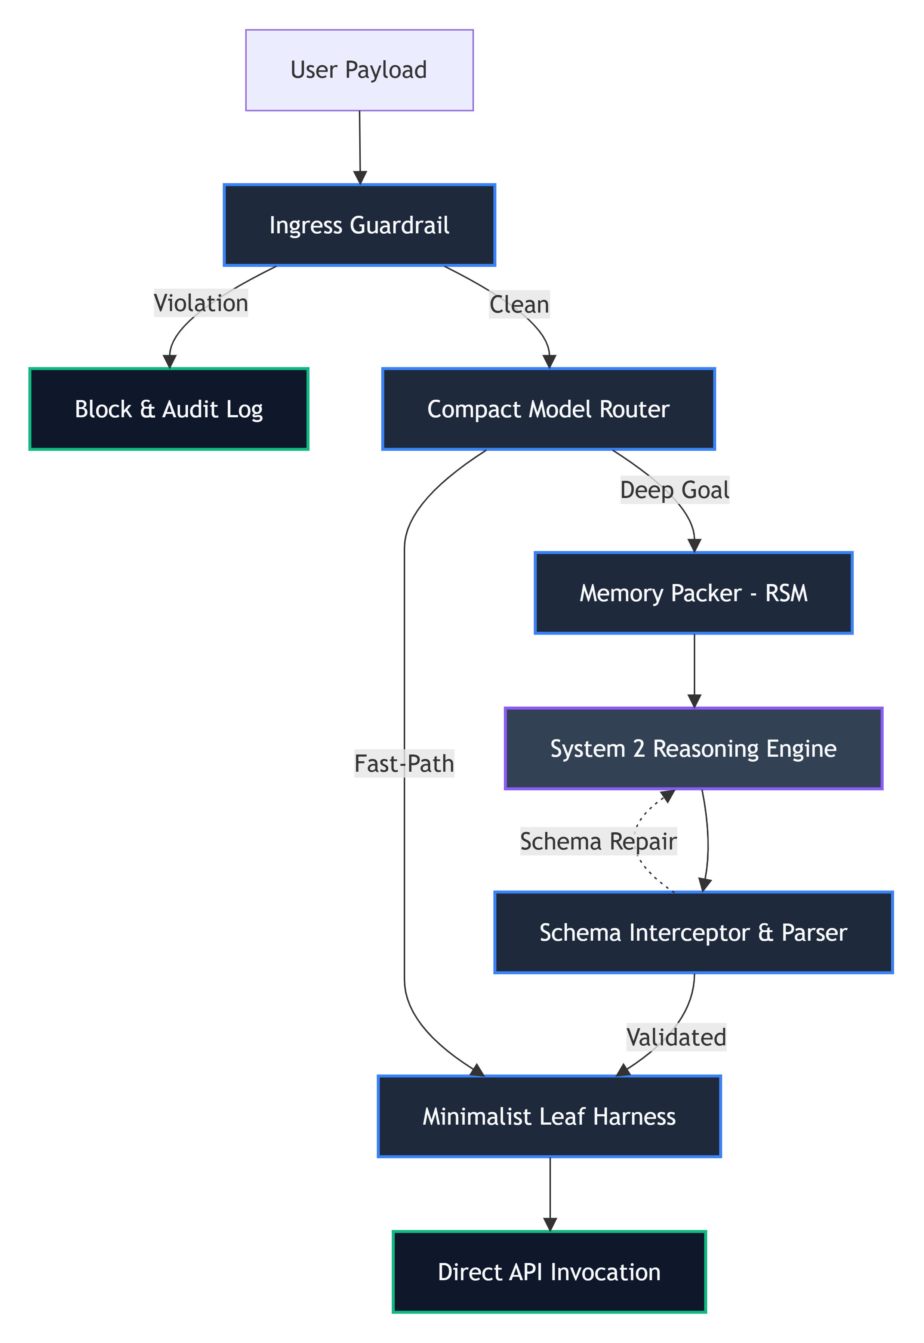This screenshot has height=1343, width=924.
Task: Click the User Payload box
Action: (360, 70)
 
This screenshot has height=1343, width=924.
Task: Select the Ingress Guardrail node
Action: (360, 225)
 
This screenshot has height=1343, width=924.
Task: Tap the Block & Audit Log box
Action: (169, 409)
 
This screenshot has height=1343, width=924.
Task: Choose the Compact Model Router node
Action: (549, 409)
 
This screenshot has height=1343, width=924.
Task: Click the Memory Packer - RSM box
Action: (694, 593)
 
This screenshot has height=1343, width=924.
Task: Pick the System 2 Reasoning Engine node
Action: (694, 748)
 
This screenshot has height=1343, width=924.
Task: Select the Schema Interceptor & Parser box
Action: (694, 932)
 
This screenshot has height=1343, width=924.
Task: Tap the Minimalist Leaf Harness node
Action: (549, 1116)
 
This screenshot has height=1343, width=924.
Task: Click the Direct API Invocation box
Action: (549, 1272)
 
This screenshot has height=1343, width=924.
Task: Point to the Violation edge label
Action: (201, 303)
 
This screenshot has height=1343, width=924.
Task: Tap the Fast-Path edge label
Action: (404, 763)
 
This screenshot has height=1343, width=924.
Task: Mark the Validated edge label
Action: (676, 1037)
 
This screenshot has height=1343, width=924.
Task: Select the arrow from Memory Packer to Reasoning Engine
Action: (694, 671)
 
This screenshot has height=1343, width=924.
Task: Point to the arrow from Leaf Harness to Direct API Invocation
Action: (550, 1194)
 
